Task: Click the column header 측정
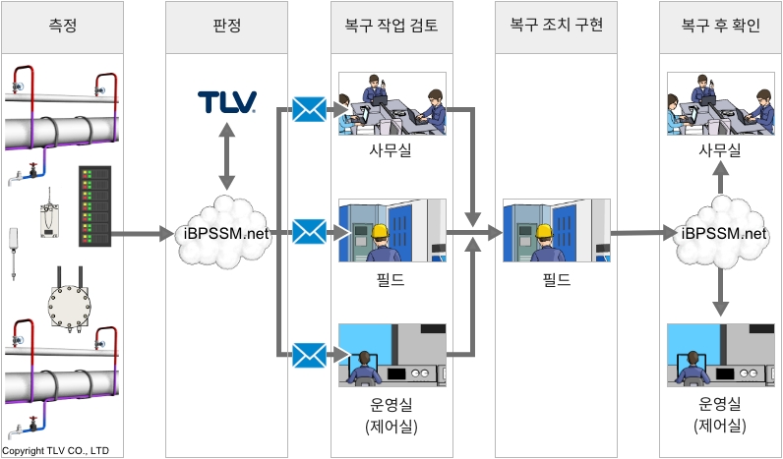[62, 27]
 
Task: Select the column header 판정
[227, 27]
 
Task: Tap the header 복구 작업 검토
[392, 27]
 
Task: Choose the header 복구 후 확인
[721, 27]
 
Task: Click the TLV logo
[227, 102]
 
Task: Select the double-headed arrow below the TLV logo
[227, 157]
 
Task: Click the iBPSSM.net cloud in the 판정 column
[227, 233]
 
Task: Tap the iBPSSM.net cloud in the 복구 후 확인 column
[722, 233]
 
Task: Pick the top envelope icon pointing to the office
[309, 110]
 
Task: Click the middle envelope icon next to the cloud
[309, 233]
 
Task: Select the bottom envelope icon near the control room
[309, 354]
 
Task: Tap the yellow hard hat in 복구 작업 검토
[379, 233]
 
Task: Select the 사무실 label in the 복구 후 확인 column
[721, 150]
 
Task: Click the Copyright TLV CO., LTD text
[57, 451]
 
